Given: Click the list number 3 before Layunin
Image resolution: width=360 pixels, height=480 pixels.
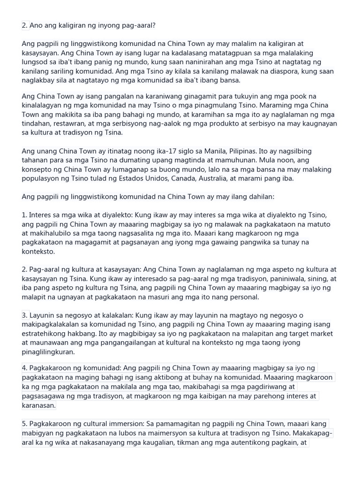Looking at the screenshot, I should click(x=24, y=315).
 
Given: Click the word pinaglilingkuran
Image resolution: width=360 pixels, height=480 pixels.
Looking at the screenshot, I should click(x=48, y=352).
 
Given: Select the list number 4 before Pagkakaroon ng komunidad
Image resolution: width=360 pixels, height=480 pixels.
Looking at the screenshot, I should click(x=24, y=368).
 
